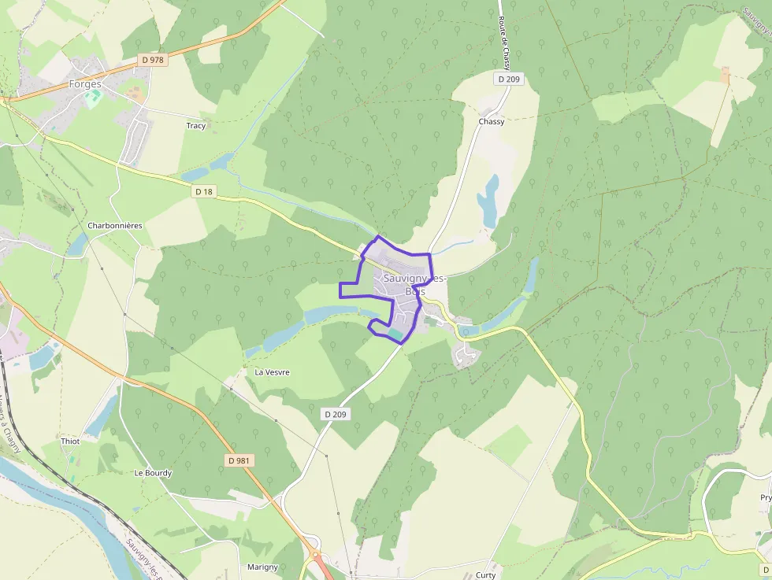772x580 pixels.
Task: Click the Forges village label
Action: pyautogui.click(x=85, y=83)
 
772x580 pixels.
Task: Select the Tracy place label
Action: pyautogui.click(x=196, y=126)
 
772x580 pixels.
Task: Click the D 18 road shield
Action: pyautogui.click(x=204, y=191)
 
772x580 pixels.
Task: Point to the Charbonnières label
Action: pyautogui.click(x=115, y=226)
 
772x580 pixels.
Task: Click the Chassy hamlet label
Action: pyautogui.click(x=492, y=122)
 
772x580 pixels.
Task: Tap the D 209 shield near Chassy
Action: pyautogui.click(x=510, y=79)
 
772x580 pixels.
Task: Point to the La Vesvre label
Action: pyautogui.click(x=272, y=372)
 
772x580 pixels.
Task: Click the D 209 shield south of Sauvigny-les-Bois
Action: pyautogui.click(x=335, y=414)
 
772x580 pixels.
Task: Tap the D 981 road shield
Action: pyautogui.click(x=239, y=460)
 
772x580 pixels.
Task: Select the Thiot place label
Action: pyautogui.click(x=71, y=441)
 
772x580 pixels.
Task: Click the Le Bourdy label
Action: pyautogui.click(x=153, y=473)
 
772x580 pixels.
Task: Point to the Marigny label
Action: pyautogui.click(x=263, y=567)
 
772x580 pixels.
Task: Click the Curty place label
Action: pyautogui.click(x=486, y=575)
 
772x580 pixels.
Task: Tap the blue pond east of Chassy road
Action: pyautogui.click(x=488, y=201)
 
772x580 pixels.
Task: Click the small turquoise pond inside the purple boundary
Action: pyautogui.click(x=393, y=335)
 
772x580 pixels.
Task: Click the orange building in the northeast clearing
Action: pyautogui.click(x=725, y=76)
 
